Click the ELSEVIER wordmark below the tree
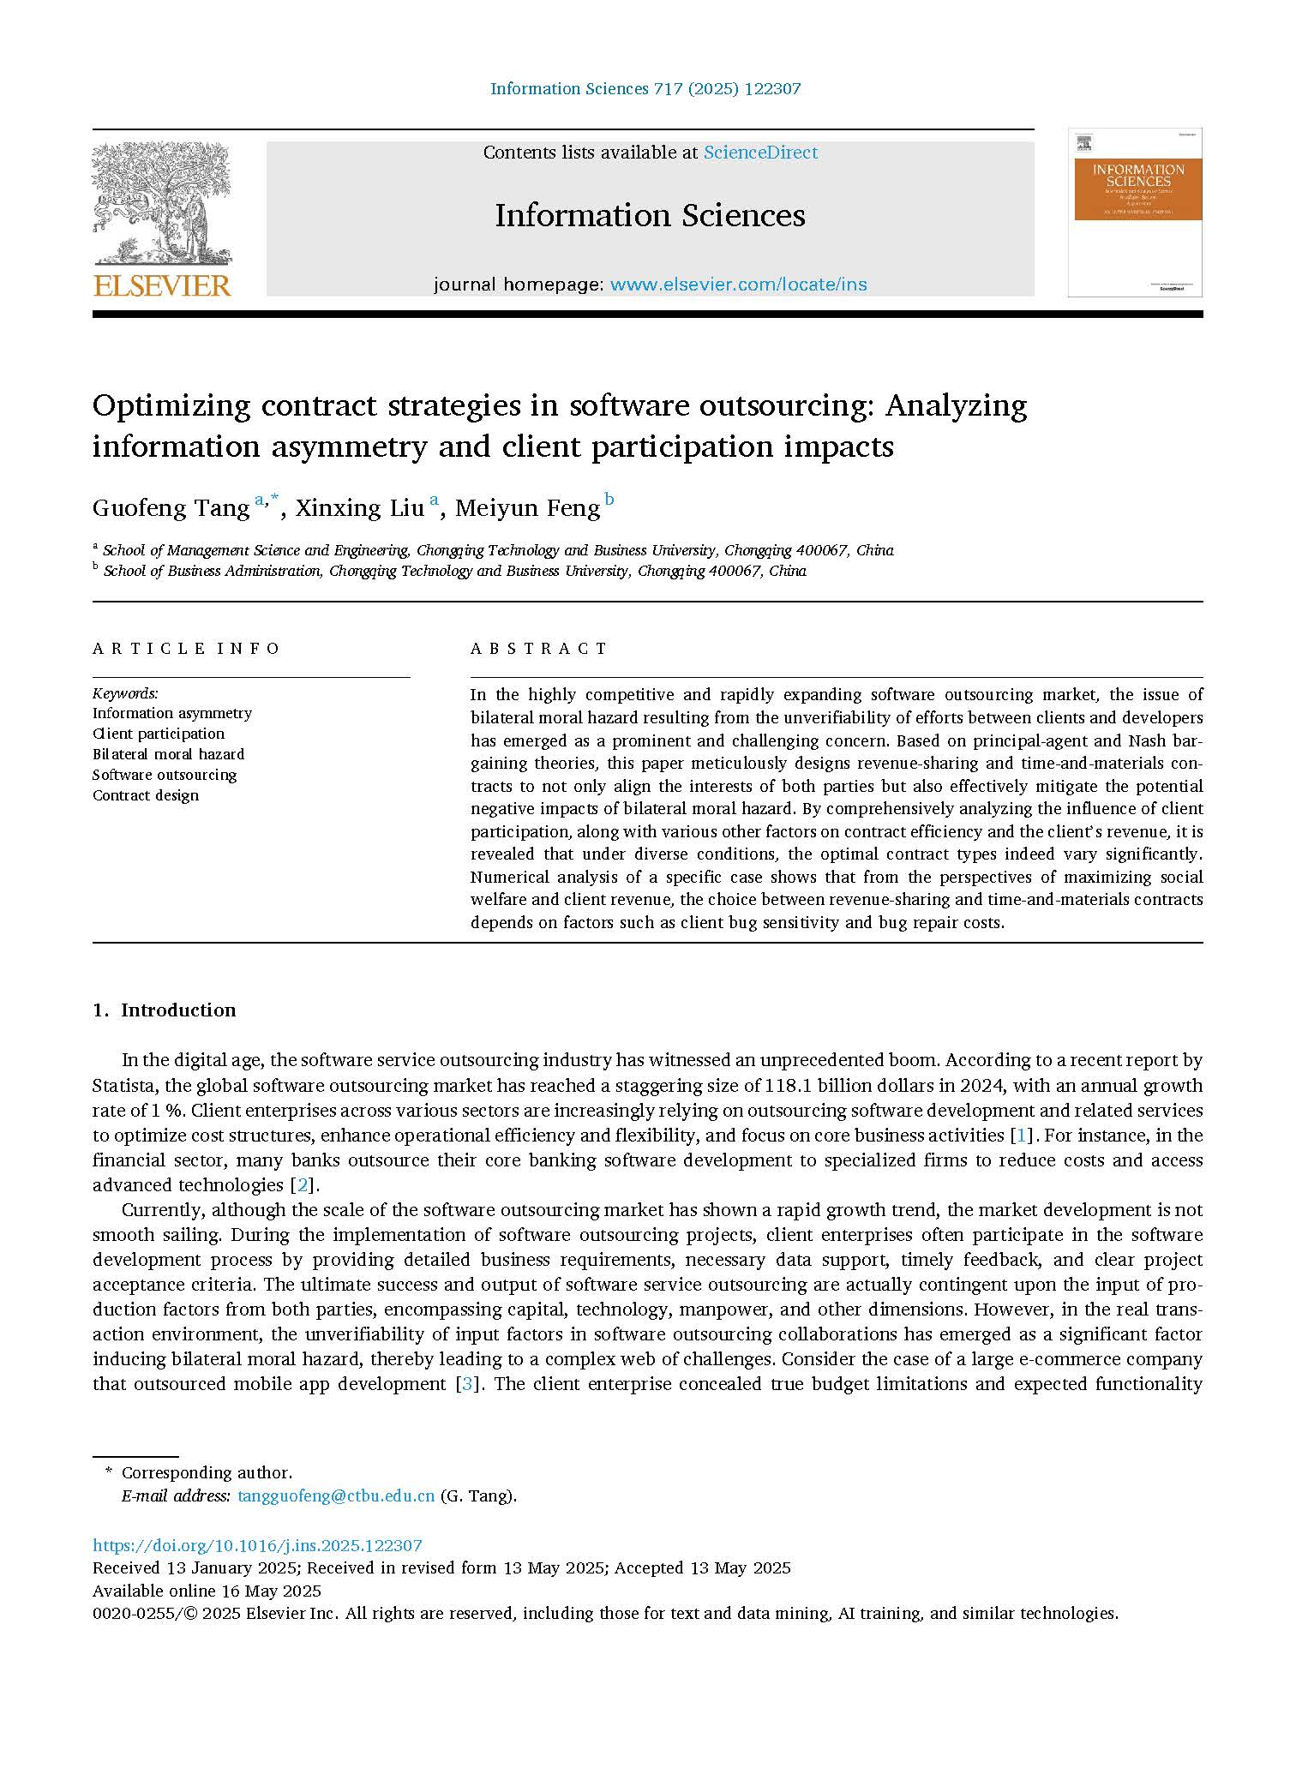(162, 285)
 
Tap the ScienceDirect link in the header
(760, 153)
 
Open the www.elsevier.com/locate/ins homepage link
(738, 285)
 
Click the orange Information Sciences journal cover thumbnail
(1135, 212)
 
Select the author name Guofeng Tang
(171, 508)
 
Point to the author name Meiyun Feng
(527, 508)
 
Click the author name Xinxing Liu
(359, 508)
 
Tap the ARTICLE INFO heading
(186, 649)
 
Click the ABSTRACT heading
(538, 649)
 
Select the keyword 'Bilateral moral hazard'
(168, 754)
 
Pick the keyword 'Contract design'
(146, 795)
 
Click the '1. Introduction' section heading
(164, 1010)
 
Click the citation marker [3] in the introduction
(467, 1384)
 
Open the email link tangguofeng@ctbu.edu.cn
(336, 1496)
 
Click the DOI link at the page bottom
(257, 1546)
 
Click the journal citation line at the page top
(645, 88)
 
